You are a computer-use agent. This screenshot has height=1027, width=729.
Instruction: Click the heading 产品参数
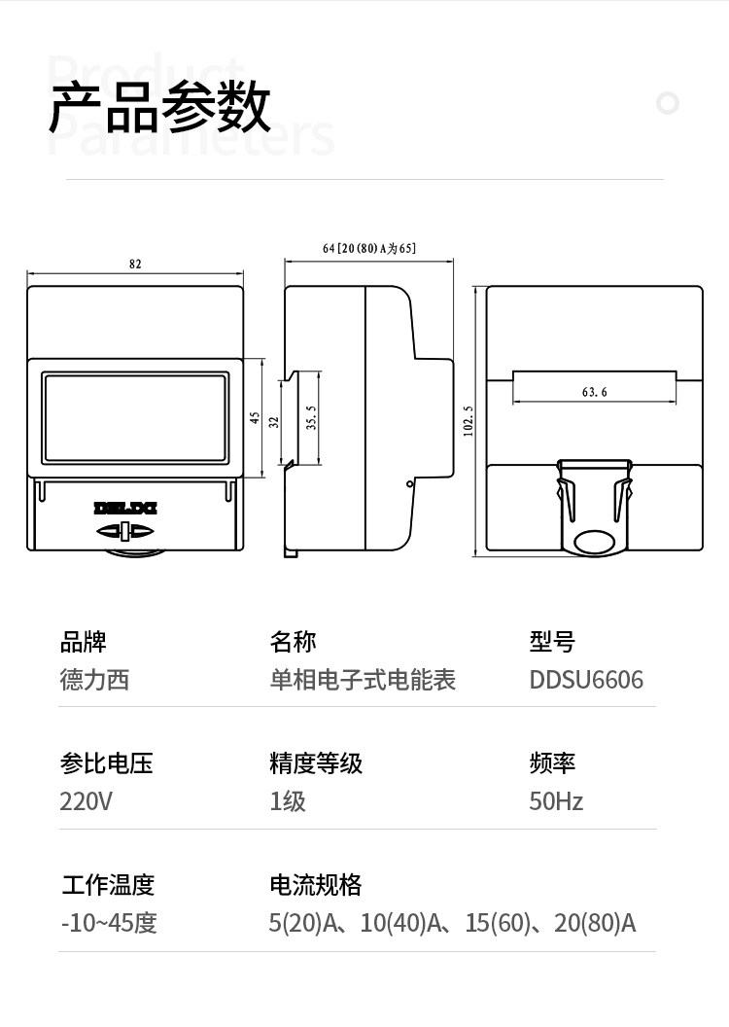[159, 107]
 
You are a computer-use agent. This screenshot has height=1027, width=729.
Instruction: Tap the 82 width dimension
[135, 264]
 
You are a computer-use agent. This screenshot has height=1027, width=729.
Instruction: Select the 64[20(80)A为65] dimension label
[369, 248]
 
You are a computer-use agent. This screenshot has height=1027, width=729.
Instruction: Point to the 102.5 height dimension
[468, 420]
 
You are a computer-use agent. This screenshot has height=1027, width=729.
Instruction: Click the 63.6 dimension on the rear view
[594, 392]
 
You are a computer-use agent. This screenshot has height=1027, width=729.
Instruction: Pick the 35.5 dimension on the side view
[311, 418]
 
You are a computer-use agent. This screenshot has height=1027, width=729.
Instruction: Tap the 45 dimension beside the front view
[255, 418]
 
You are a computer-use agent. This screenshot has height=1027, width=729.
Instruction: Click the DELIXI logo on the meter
[125, 509]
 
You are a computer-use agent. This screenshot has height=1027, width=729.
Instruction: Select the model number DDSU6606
[586, 680]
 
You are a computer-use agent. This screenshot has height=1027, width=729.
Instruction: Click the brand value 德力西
[95, 680]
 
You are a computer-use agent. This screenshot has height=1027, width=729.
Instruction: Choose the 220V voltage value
[86, 801]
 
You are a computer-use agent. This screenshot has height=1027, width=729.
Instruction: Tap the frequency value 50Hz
[556, 801]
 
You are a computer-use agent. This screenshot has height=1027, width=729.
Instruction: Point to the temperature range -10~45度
[109, 923]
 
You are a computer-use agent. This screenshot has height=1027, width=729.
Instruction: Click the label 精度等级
[316, 763]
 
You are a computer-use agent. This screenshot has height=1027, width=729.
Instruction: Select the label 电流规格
[316, 885]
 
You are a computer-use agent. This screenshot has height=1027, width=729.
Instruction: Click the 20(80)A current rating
[595, 923]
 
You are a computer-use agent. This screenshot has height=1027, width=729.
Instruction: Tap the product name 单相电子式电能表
[364, 680]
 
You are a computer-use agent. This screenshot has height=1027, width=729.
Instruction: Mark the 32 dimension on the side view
[274, 422]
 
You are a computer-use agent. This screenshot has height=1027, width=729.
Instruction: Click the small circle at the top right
[668, 103]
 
